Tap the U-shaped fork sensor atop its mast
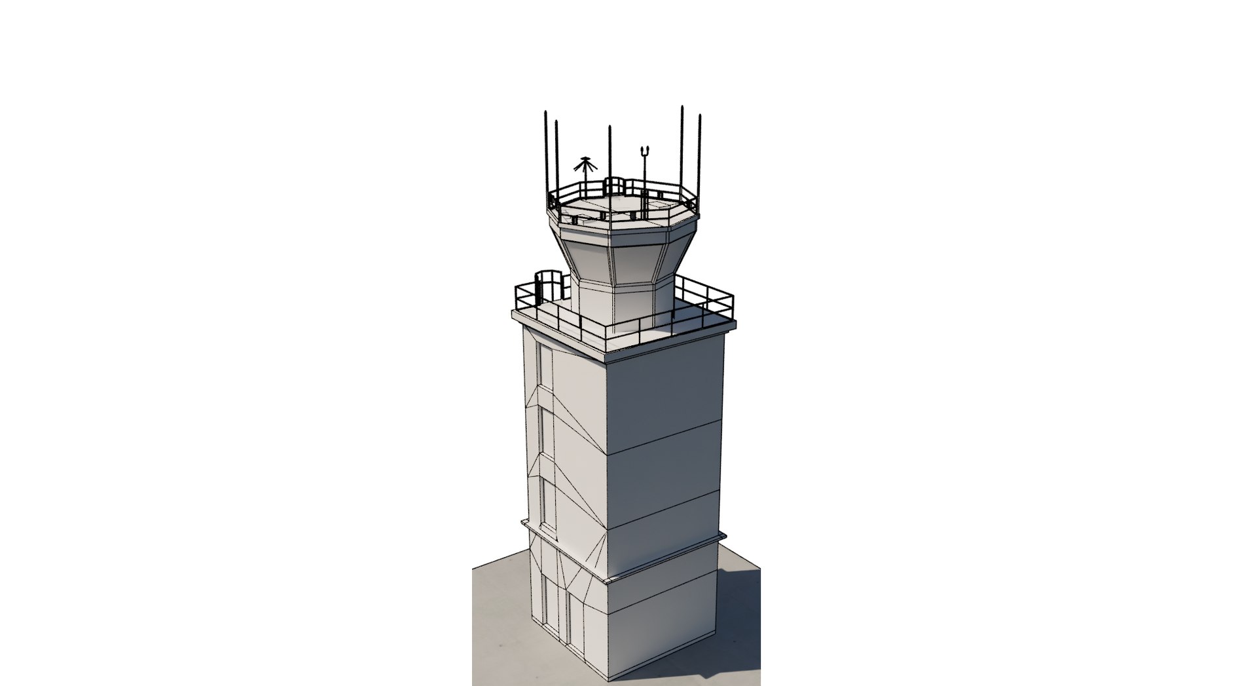645,152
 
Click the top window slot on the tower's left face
545,373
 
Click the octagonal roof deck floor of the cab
622,206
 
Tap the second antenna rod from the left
556,157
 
